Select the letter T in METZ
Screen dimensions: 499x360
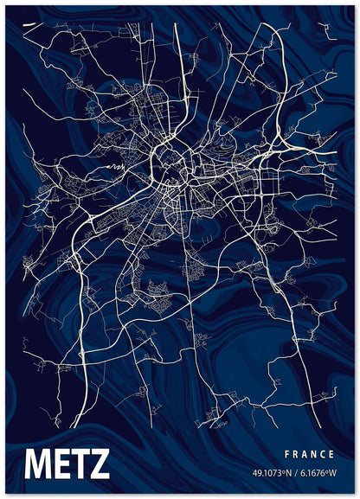tap(80, 464)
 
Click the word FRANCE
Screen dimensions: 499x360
tap(309, 454)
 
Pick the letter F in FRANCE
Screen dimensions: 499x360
tap(286, 454)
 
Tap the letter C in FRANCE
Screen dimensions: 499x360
tap(323, 454)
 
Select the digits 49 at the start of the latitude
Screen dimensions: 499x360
tap(257, 473)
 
